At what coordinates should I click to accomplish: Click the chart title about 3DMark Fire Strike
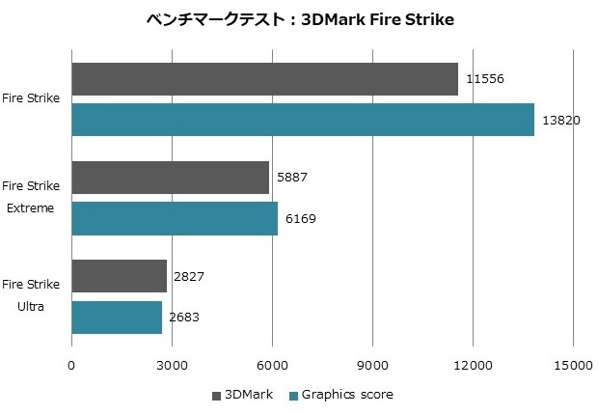click(x=298, y=18)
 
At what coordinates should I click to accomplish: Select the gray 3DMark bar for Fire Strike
click(x=264, y=79)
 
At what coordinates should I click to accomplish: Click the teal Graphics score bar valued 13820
click(x=302, y=119)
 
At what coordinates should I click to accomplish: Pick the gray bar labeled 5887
click(x=170, y=178)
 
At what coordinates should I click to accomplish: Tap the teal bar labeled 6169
click(x=175, y=218)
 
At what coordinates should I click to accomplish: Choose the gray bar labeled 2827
click(x=119, y=276)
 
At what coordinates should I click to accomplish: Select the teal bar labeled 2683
click(x=117, y=317)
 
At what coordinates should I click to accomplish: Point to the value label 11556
click(x=485, y=79)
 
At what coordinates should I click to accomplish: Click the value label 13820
click(x=561, y=120)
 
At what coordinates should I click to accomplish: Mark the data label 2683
click(x=184, y=317)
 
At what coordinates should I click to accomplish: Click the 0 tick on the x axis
click(x=71, y=365)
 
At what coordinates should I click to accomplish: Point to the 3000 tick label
click(x=172, y=365)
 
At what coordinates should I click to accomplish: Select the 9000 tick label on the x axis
click(x=372, y=365)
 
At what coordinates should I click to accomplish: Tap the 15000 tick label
click(x=572, y=365)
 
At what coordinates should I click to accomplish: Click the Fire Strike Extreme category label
click(x=31, y=196)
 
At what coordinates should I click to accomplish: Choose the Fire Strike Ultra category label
click(x=31, y=294)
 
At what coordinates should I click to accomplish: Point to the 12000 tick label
click(x=472, y=365)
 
